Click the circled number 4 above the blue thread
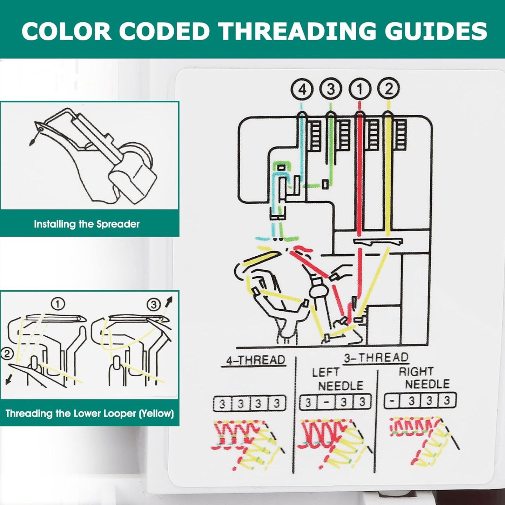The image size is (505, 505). [302, 90]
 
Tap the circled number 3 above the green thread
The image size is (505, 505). [331, 89]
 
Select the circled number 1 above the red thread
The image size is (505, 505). [359, 89]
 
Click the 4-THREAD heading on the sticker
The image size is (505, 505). [255, 360]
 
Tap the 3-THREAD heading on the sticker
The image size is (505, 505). [376, 358]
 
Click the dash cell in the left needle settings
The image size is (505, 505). [326, 402]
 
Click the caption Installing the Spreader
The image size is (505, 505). [87, 224]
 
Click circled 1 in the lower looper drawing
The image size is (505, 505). [58, 303]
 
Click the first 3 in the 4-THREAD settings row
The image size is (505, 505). [222, 404]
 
